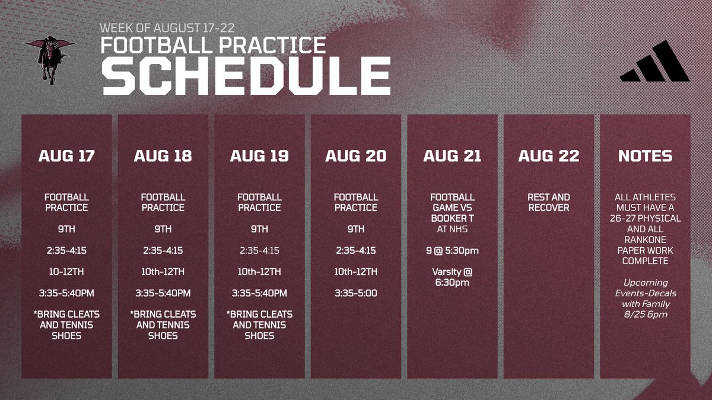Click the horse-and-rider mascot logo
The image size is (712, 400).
click(50, 60)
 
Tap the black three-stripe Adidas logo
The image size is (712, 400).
click(655, 61)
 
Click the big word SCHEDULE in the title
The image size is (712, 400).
click(246, 76)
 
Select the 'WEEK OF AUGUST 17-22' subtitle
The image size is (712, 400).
click(167, 28)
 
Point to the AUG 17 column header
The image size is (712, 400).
click(66, 156)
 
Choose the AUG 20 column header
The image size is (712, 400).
click(355, 156)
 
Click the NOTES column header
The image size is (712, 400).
click(646, 156)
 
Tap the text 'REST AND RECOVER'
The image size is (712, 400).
click(549, 202)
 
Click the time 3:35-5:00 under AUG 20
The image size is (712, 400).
click(355, 293)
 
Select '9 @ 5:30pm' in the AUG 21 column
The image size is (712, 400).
click(452, 251)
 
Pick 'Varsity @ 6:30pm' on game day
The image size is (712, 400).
click(452, 277)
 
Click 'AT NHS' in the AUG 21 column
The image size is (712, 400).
click(452, 229)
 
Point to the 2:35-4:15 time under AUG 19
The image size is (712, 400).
click(259, 251)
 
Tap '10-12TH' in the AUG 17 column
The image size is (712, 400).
click(66, 272)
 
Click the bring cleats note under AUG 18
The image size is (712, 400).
click(163, 325)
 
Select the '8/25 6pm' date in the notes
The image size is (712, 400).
click(646, 315)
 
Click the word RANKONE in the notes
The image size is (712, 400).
click(646, 239)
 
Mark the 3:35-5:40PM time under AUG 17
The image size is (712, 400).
click(66, 293)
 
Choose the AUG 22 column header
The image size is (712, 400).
click(549, 156)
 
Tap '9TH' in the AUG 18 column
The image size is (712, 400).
click(163, 229)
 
